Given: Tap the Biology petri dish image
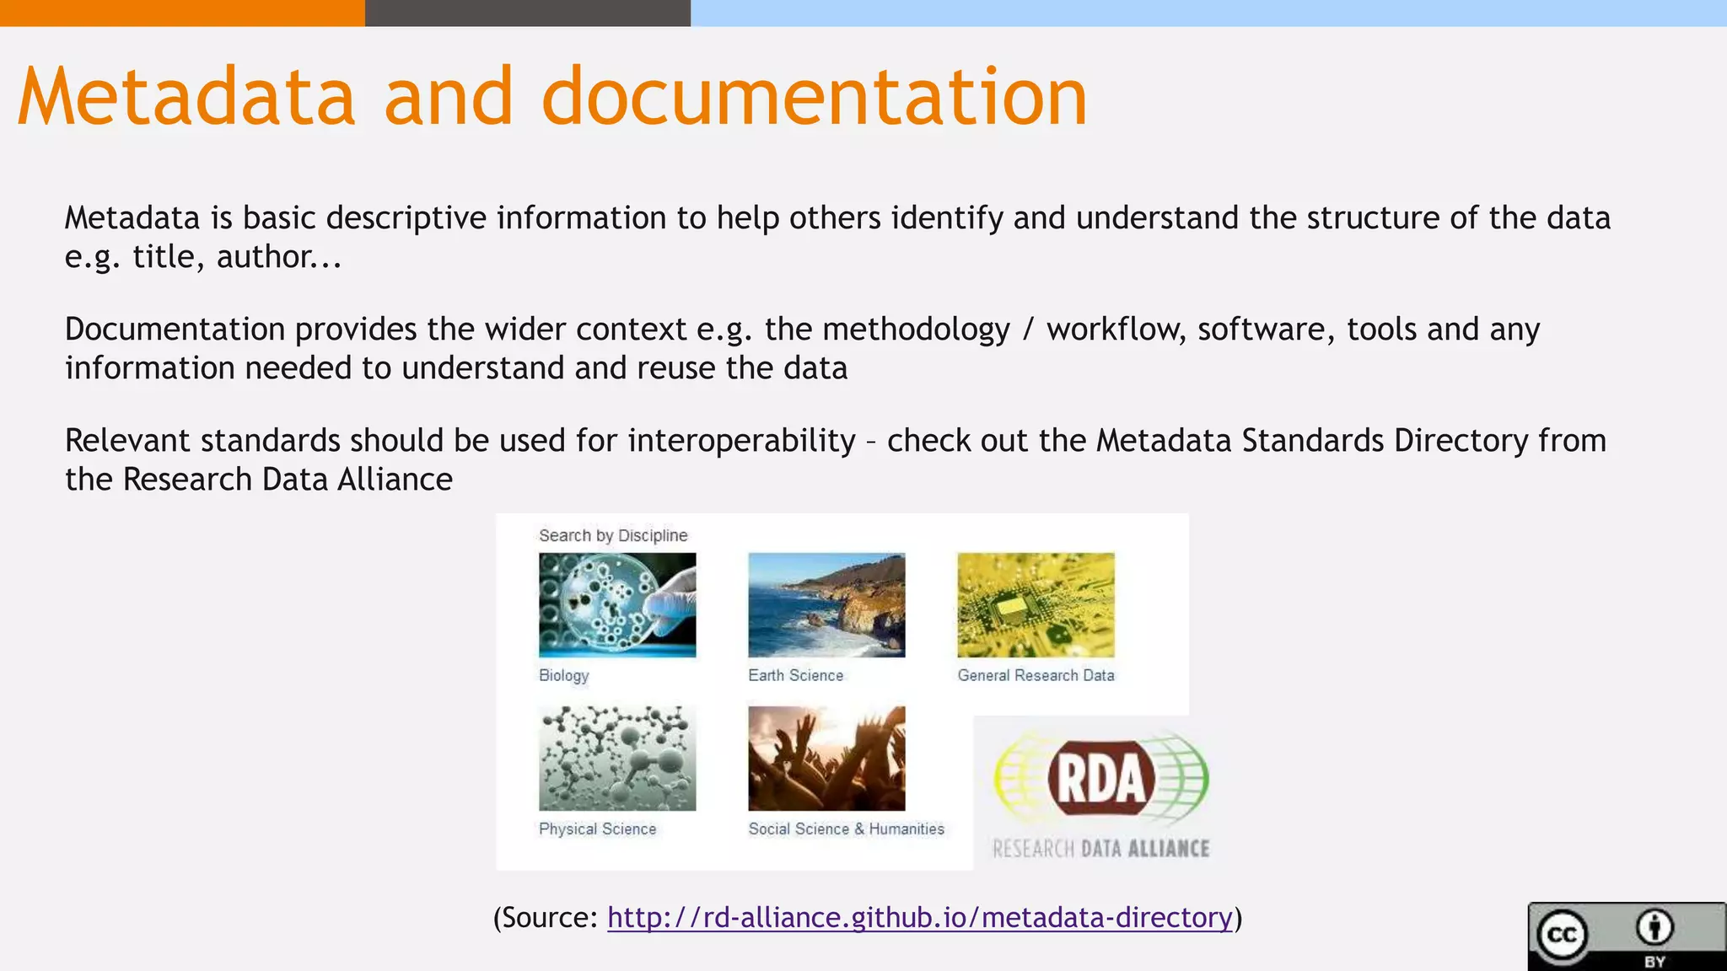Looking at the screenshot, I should pyautogui.click(x=617, y=604).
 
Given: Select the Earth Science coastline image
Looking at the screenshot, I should pyautogui.click(x=826, y=604).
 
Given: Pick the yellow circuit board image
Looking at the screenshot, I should pyautogui.click(x=1036, y=604).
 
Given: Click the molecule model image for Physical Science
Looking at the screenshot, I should pyautogui.click(x=617, y=758).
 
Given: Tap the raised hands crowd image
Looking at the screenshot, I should pyautogui.click(x=826, y=758).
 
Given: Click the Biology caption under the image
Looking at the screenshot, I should pyautogui.click(x=564, y=675).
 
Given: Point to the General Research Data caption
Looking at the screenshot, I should pyautogui.click(x=1036, y=675).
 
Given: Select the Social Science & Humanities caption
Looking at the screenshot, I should pyautogui.click(x=846, y=829).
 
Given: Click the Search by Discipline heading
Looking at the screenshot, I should pyautogui.click(x=613, y=535).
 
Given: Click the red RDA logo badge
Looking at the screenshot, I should pyautogui.click(x=1101, y=777).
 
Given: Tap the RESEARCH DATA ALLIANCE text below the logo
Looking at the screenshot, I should pyautogui.click(x=1101, y=849).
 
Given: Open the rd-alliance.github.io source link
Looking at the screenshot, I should pyautogui.click(x=919, y=917).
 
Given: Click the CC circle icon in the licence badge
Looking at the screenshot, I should pyautogui.click(x=1562, y=935).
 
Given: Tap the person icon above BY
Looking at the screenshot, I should pyautogui.click(x=1654, y=927).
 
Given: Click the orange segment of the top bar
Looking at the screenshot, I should pyautogui.click(x=182, y=13).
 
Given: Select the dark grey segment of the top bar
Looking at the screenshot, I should pyautogui.click(x=527, y=13).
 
